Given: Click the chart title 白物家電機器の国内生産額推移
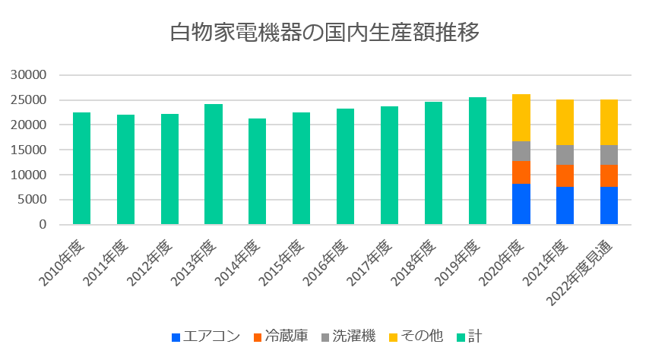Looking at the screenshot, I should pyautogui.click(x=324, y=34).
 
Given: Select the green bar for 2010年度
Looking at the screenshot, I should pyautogui.click(x=82, y=169).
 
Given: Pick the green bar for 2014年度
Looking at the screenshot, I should pyautogui.click(x=258, y=172).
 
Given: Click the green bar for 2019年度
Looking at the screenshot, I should pyautogui.click(x=477, y=161).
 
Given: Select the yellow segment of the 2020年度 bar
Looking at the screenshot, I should pyautogui.click(x=521, y=118).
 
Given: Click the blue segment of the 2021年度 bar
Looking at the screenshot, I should pyautogui.click(x=565, y=205).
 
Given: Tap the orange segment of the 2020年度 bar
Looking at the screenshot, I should pyautogui.click(x=521, y=172).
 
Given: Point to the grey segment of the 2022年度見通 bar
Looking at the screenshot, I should pyautogui.click(x=609, y=155).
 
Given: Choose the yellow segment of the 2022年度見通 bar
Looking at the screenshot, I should pyautogui.click(x=609, y=122).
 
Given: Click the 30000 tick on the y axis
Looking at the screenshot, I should pyautogui.click(x=30, y=75).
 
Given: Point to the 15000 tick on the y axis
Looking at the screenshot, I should pyautogui.click(x=30, y=150).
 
